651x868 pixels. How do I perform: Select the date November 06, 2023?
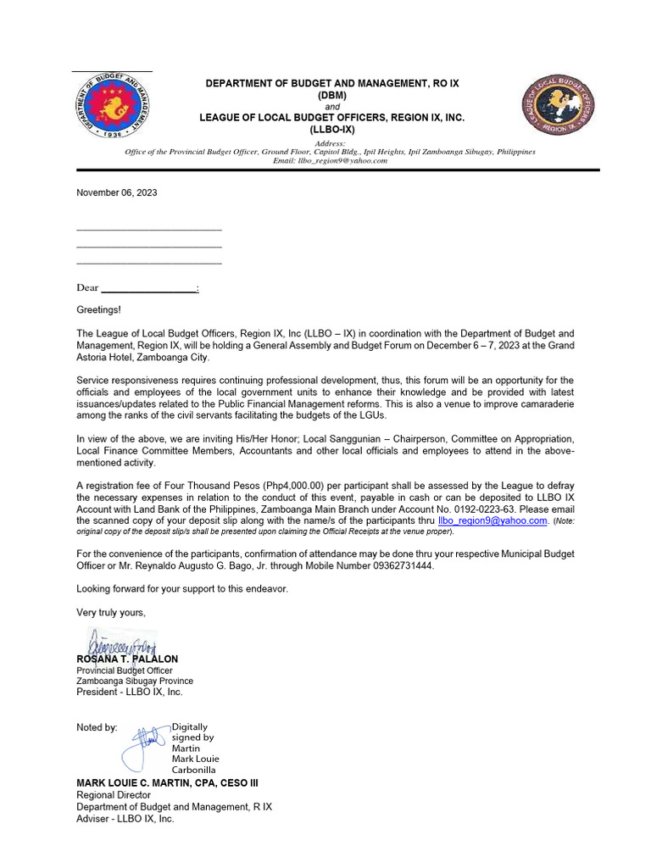116,192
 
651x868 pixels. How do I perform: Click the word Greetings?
98,310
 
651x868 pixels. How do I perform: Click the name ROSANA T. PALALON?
127,659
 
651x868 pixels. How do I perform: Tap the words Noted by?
97,727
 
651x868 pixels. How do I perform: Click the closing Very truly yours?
111,612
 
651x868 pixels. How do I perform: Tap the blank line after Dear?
149,288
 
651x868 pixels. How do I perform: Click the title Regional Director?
114,795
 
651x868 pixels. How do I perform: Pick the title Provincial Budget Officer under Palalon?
125,670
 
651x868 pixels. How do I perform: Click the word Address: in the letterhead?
331,143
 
